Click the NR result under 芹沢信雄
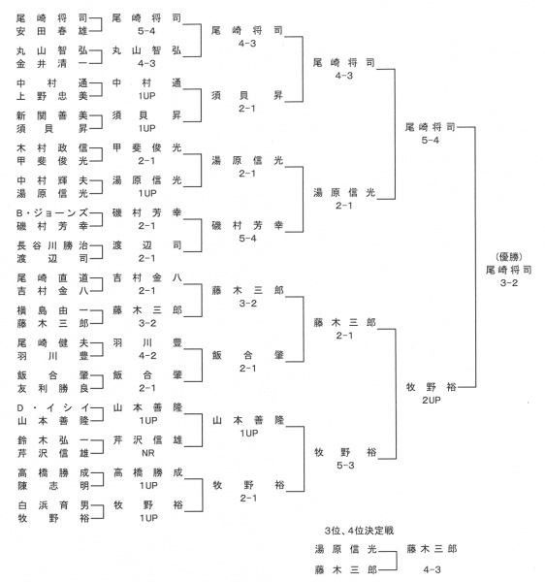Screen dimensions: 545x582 [x=148, y=453]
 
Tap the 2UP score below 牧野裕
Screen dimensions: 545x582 [x=432, y=400]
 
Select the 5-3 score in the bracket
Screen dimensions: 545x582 [x=345, y=465]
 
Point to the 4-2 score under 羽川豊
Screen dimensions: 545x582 [x=147, y=356]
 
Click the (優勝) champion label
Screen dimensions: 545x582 [x=509, y=256]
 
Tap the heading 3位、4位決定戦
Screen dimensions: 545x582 [x=359, y=531]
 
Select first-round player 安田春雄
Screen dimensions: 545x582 [x=52, y=31]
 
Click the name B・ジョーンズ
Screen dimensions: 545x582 [x=52, y=213]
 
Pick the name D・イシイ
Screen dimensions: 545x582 [x=52, y=408]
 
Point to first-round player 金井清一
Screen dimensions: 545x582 [x=52, y=64]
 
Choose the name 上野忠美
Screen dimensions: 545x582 [x=52, y=96]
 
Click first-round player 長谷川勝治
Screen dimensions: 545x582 [x=52, y=245]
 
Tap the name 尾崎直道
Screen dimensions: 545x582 [x=52, y=278]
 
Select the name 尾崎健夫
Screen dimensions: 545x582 [x=52, y=343]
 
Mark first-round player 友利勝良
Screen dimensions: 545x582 [x=52, y=388]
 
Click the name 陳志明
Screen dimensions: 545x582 [x=53, y=486]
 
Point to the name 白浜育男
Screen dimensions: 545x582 [x=53, y=505]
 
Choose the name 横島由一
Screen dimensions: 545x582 [x=52, y=310]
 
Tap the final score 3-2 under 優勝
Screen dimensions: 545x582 [x=509, y=283]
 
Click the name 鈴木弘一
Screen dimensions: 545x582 [x=53, y=440]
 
